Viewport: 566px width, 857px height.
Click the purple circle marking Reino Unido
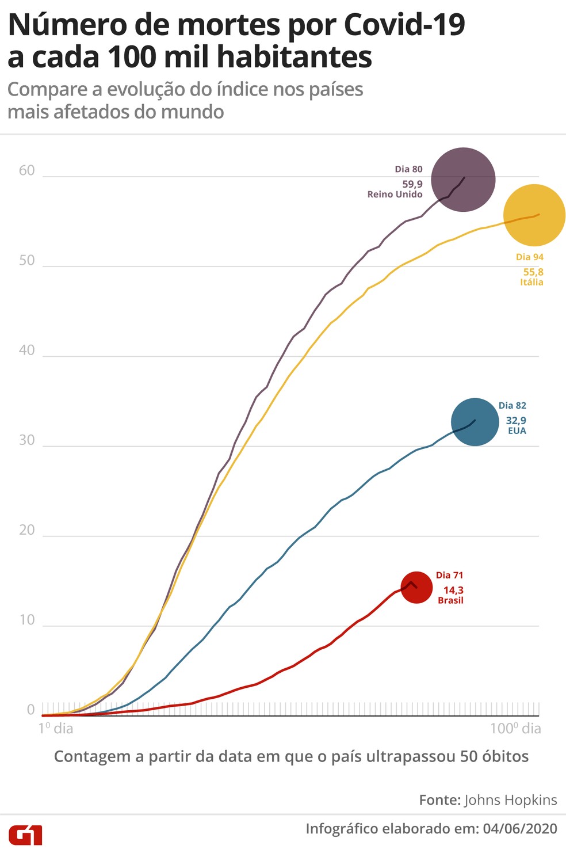tap(463, 180)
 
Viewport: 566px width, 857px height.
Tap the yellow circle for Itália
tap(534, 215)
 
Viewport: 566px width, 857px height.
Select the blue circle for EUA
tap(475, 422)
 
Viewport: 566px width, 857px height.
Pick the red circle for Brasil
tap(416, 587)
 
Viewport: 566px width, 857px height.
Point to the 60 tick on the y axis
tap(26, 170)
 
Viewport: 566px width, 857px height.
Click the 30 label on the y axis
tap(26, 440)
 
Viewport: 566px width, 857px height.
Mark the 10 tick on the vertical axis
tap(26, 620)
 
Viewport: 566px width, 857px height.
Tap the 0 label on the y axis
tap(31, 710)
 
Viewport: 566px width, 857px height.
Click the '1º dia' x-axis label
tap(56, 729)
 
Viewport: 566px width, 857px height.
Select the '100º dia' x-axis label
tap(515, 729)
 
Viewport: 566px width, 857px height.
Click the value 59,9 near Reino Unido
tap(412, 184)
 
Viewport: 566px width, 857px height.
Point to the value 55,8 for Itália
tap(533, 272)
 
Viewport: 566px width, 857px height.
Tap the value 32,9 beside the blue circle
tap(516, 421)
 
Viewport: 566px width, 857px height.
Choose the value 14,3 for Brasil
tap(453, 590)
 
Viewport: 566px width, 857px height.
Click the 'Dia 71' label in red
tap(449, 575)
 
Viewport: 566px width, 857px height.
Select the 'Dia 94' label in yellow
tap(529, 257)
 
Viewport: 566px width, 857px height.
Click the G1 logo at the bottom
tap(25, 835)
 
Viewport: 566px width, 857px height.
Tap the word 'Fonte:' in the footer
tap(439, 800)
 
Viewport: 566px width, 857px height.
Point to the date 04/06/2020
tap(520, 829)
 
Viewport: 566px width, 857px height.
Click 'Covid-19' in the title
tap(404, 25)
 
